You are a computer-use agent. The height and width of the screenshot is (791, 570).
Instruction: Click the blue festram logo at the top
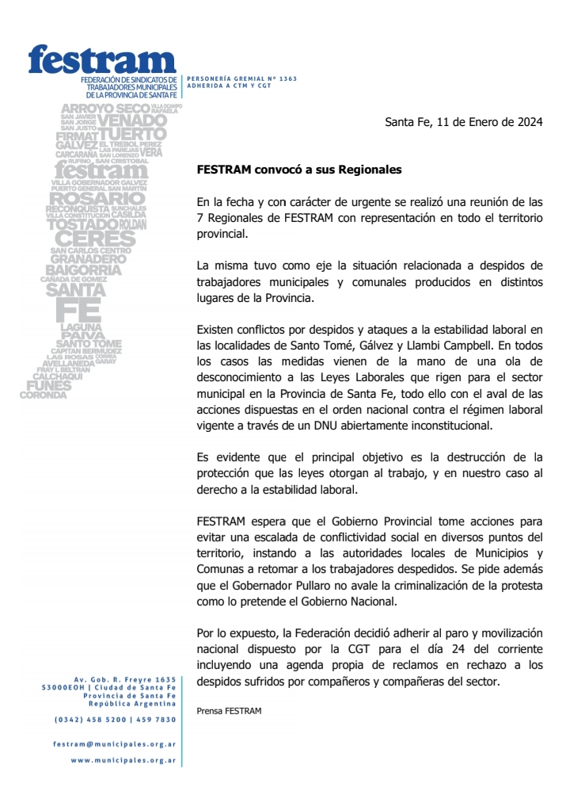(x=101, y=59)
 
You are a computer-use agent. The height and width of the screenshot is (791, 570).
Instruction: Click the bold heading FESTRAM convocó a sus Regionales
(x=299, y=170)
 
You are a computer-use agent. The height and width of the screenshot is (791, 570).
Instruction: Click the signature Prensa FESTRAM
(x=228, y=712)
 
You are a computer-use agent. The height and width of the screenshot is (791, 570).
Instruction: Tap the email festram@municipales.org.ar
(x=115, y=744)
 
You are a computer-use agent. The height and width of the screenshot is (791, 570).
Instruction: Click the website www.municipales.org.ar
(x=123, y=760)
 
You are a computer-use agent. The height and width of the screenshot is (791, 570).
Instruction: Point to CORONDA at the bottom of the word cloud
(x=44, y=395)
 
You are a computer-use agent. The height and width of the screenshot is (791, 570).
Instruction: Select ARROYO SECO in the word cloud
(x=104, y=108)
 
